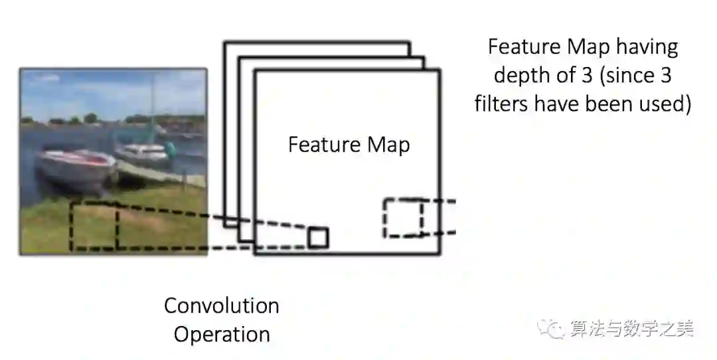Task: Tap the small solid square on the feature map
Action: (318, 237)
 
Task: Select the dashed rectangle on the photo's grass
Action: (94, 226)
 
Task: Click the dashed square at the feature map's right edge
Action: (403, 217)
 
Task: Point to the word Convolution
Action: (222, 306)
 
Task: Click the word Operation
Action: (222, 334)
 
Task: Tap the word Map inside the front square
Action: (386, 145)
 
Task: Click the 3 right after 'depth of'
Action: (586, 76)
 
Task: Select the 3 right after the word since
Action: (666, 76)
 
